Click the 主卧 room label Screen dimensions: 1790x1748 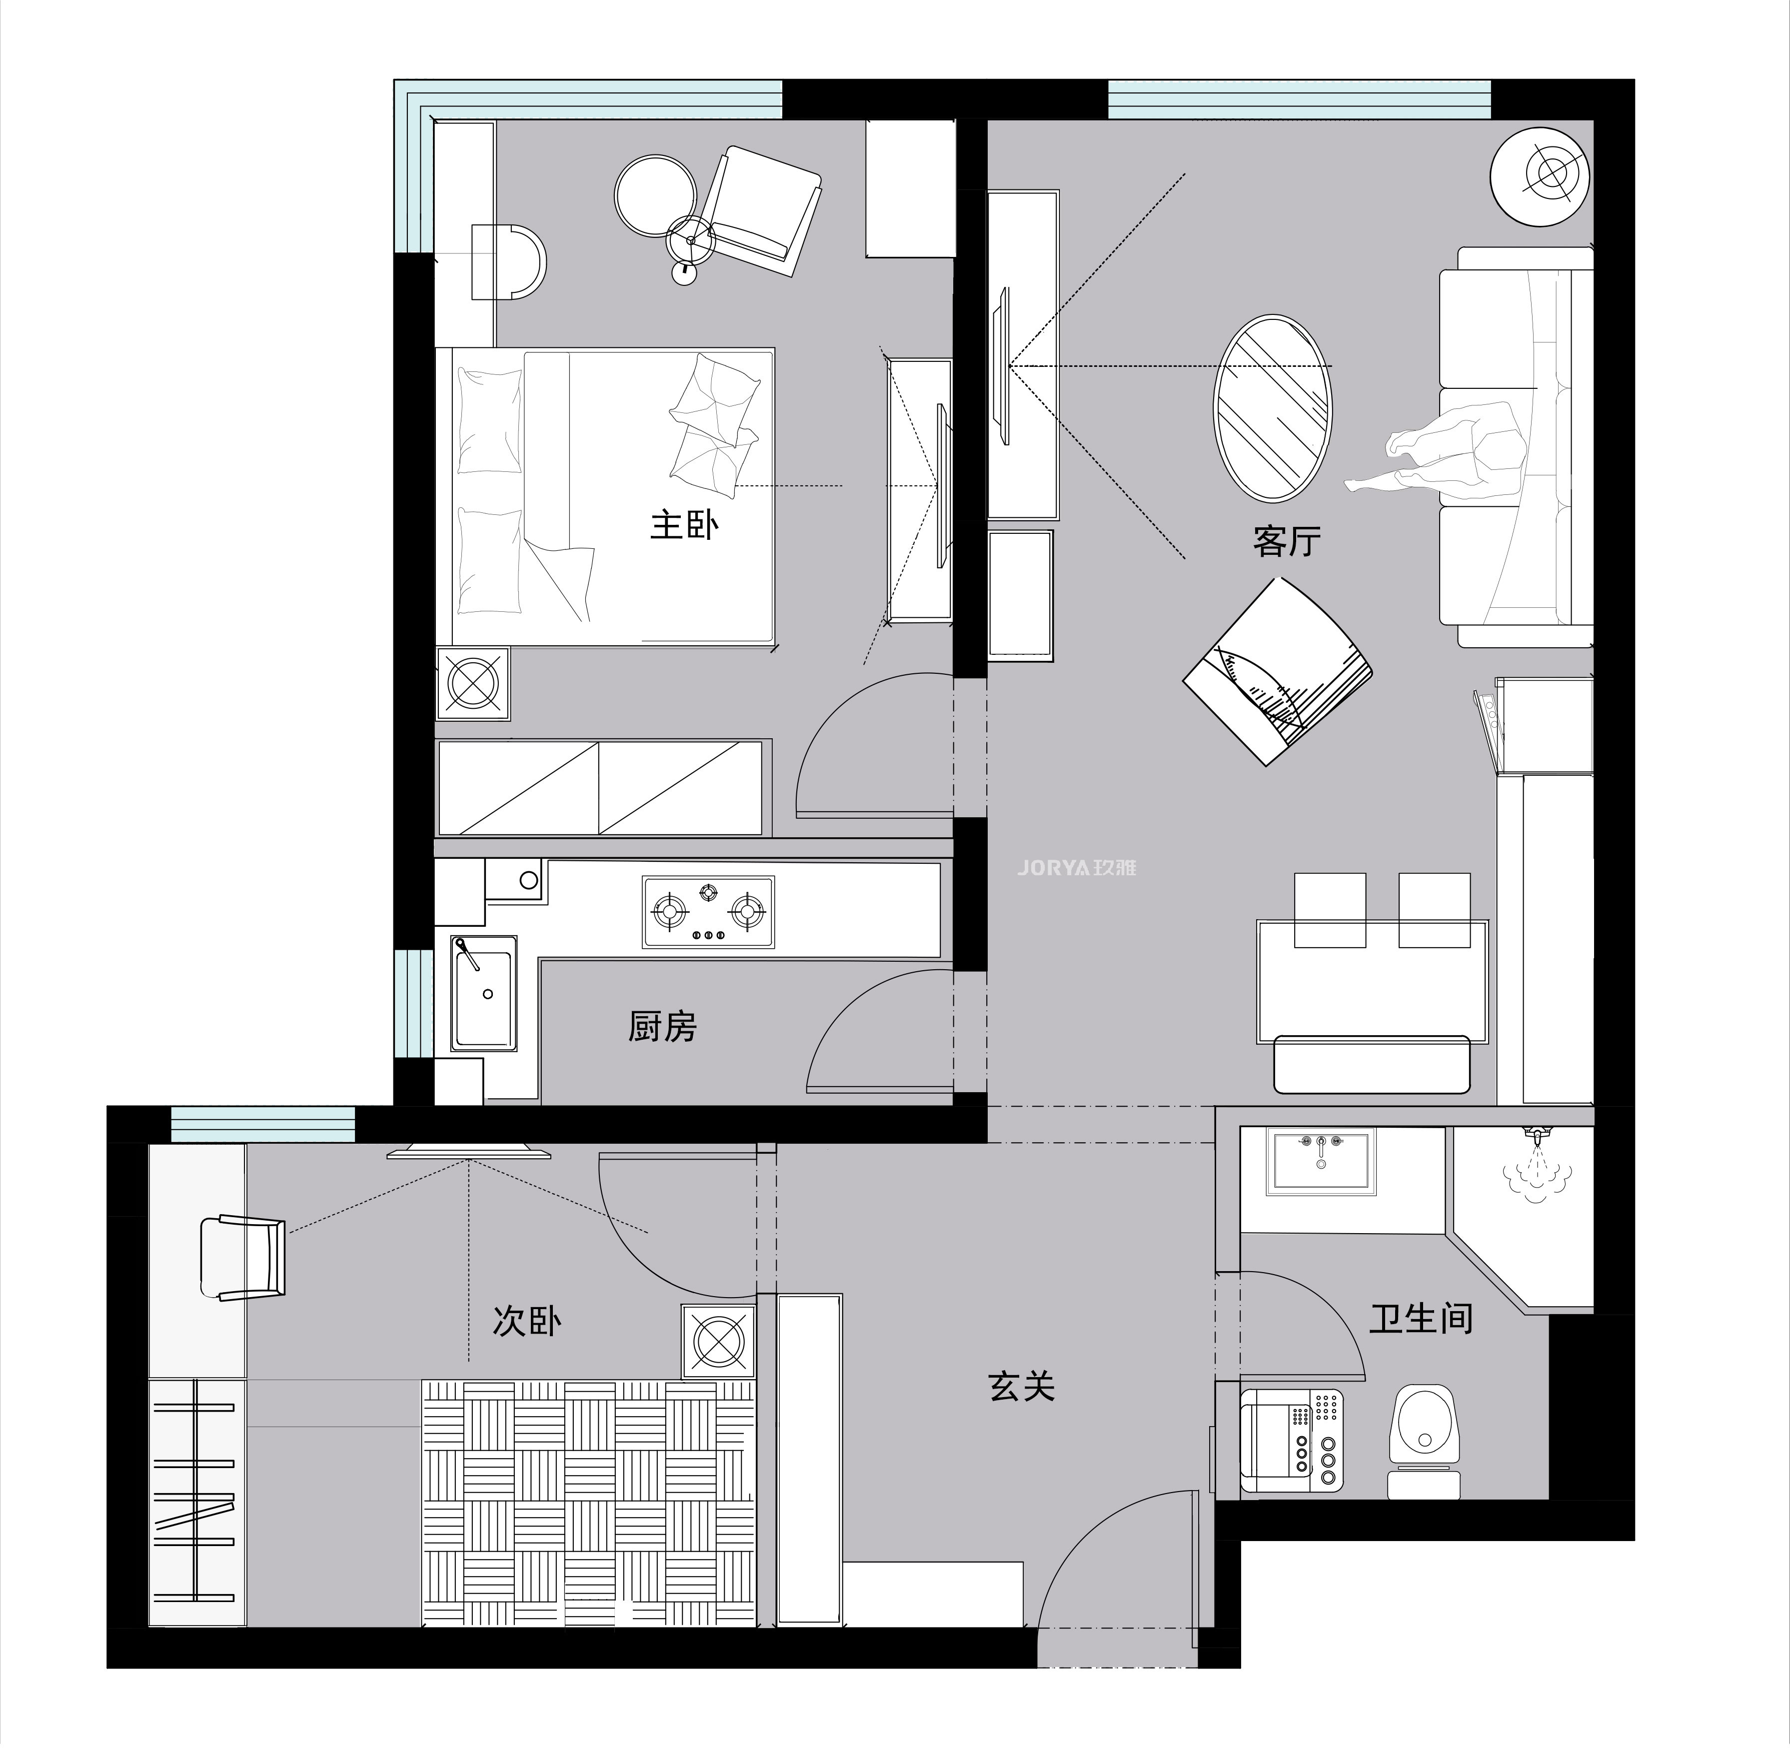(684, 525)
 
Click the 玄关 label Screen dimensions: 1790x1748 (1022, 1386)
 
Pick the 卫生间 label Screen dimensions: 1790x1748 (1421, 1318)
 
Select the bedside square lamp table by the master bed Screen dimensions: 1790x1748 (473, 683)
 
